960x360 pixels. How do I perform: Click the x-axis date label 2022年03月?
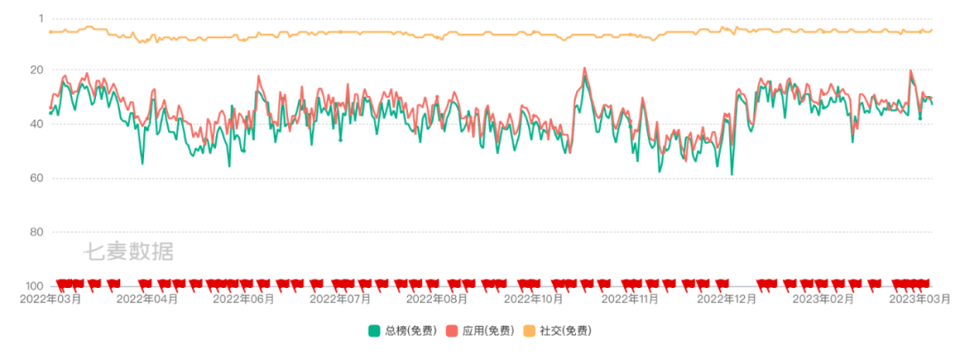51,300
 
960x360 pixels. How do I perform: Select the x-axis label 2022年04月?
147,300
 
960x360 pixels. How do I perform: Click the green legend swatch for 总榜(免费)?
374,331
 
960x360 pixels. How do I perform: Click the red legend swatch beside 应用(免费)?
452,331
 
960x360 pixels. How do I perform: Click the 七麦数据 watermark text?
128,252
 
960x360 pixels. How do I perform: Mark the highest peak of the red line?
584,68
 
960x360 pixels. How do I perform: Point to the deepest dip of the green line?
732,174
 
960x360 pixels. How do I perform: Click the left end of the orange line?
49,32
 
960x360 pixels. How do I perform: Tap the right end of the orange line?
932,30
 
